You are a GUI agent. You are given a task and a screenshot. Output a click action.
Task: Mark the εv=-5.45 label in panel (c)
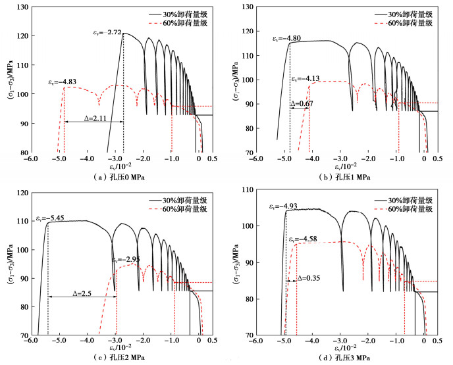50,217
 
